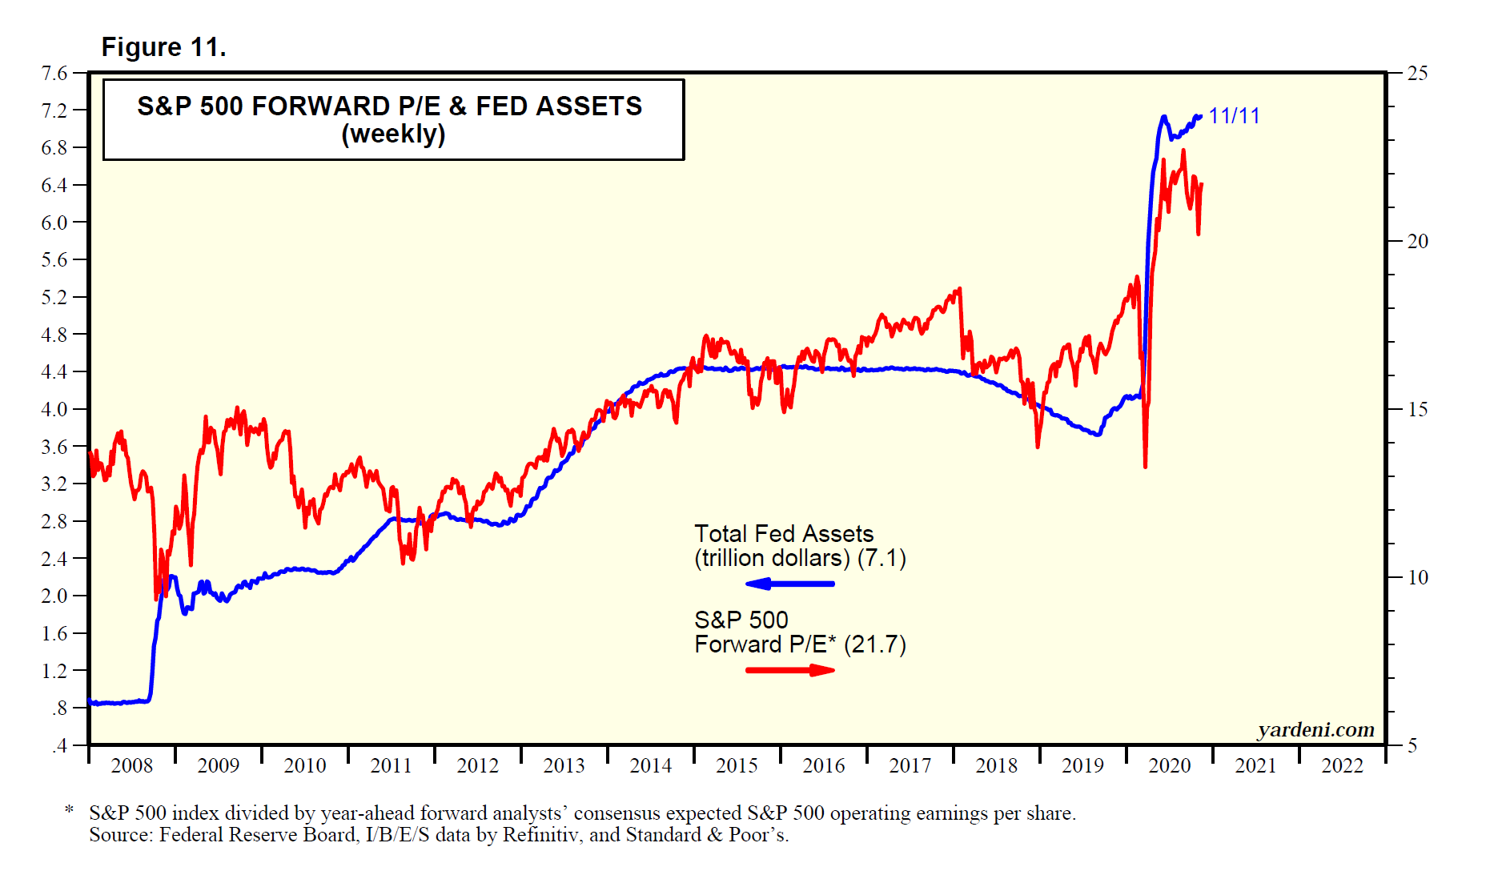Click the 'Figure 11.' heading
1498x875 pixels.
pos(163,47)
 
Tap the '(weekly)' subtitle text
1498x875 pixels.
pos(393,134)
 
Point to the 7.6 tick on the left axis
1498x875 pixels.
pos(54,74)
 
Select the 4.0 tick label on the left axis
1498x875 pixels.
pos(54,409)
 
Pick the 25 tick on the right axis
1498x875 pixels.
pos(1417,74)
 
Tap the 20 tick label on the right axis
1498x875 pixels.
pos(1417,242)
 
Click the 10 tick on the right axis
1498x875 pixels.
pos(1417,578)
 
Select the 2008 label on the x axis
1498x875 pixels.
pos(131,766)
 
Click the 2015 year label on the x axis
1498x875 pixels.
pos(737,766)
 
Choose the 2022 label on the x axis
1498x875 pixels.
pos(1342,766)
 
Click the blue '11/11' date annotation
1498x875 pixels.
pos(1234,116)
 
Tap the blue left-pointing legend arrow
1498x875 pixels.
pos(789,584)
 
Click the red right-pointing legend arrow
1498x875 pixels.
pos(789,670)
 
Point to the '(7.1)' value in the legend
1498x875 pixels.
pos(882,558)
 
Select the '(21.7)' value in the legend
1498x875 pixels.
pos(875,644)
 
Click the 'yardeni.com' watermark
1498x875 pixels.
pos(1315,729)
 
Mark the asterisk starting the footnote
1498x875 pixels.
pos(70,812)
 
